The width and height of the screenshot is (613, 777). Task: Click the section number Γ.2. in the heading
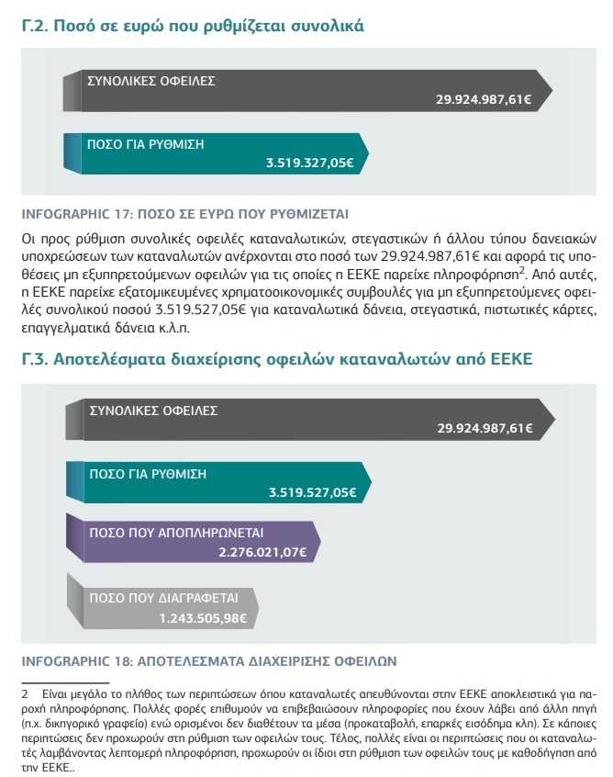(34, 26)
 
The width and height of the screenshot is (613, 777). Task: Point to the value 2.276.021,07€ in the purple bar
(261, 552)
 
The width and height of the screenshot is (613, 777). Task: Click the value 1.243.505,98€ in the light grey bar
(203, 618)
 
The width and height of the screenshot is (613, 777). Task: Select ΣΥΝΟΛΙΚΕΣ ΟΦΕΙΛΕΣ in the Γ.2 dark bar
(150, 80)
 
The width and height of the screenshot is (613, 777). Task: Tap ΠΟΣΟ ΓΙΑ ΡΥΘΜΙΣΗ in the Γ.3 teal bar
(148, 474)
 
